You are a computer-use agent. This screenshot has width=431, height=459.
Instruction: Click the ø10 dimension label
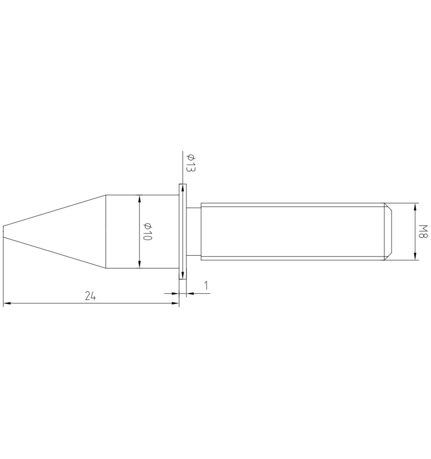click(x=148, y=231)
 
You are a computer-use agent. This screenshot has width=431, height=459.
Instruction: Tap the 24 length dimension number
click(x=90, y=296)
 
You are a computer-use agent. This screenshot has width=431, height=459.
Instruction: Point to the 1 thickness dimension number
click(x=207, y=285)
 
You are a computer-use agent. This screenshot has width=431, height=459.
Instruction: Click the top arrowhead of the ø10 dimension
click(x=140, y=199)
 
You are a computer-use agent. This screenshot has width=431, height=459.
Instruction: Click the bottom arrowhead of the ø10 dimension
click(x=140, y=264)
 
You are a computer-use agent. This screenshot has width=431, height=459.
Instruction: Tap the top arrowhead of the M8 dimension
click(x=415, y=207)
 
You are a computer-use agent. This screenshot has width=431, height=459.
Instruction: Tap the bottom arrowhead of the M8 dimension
click(x=415, y=256)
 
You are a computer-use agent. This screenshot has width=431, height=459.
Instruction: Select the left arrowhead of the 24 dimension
click(x=7, y=303)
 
